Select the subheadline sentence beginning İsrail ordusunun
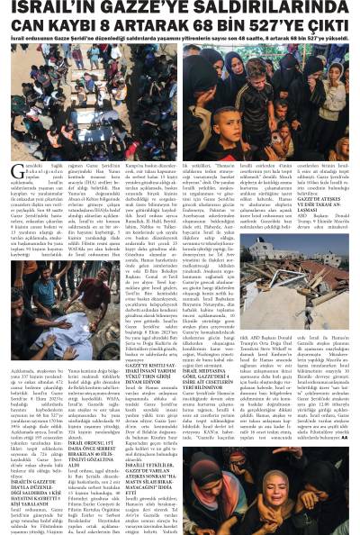(180, 41)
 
